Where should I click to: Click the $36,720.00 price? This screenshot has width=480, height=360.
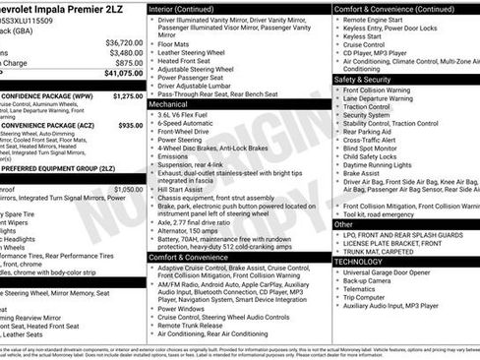tap(124, 43)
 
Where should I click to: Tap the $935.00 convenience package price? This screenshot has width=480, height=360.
tap(130, 126)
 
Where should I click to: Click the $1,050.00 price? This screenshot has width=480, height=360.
tap(128, 189)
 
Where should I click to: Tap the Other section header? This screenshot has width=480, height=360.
tap(345, 224)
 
